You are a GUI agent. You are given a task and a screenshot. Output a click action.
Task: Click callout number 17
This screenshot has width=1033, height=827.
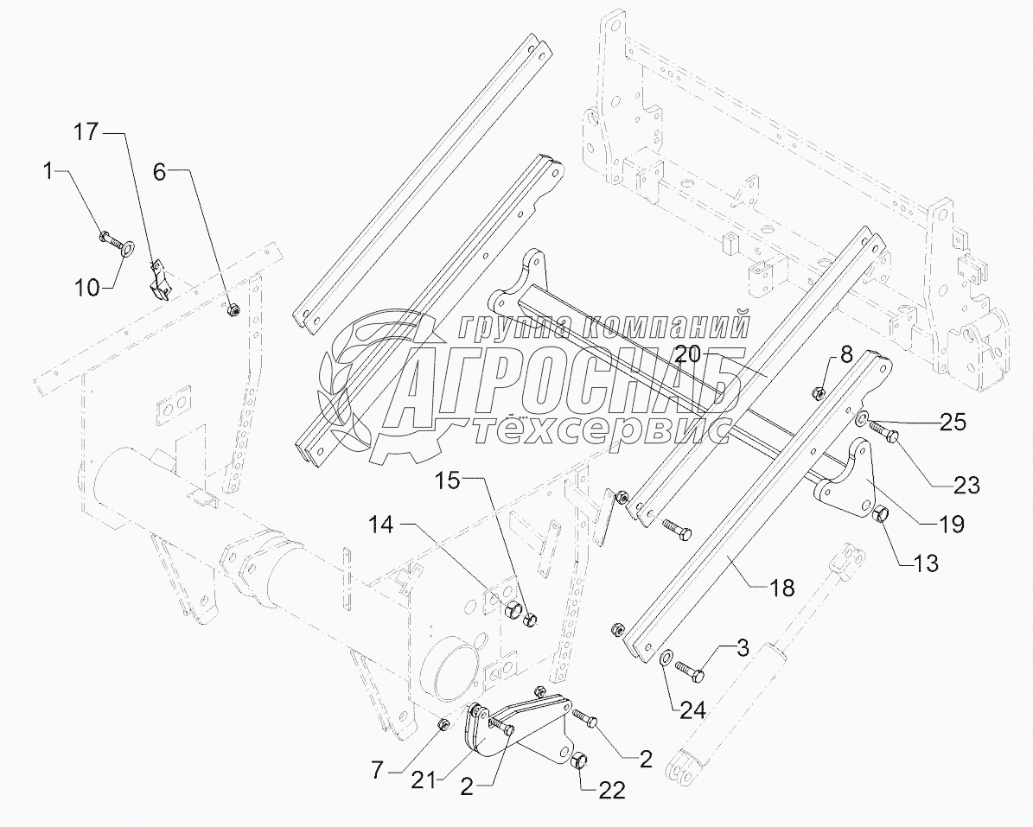pyautogui.click(x=86, y=133)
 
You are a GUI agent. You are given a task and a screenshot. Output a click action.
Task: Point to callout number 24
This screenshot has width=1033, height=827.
pyautogui.click(x=692, y=710)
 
